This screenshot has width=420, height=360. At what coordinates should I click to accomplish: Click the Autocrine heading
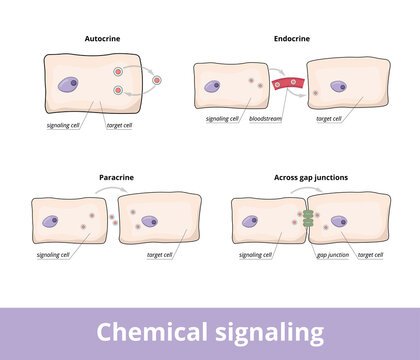point(98,38)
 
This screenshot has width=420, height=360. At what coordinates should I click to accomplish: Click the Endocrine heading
point(291,38)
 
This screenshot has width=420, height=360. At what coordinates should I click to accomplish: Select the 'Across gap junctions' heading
point(310,177)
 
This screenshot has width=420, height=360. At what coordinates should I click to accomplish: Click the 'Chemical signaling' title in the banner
point(210,331)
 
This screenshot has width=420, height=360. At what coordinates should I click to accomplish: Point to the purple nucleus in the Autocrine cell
point(68,88)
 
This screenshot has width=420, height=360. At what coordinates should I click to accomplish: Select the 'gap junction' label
point(333,255)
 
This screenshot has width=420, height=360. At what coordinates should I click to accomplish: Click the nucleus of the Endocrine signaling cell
point(213,87)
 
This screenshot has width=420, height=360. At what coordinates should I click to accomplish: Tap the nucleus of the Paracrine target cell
point(150,222)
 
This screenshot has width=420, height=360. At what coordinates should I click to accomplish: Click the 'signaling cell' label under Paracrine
point(52,255)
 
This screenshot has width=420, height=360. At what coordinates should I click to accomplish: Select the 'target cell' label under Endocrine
point(329,119)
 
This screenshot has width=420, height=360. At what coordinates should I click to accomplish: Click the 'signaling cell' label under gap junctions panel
point(256,255)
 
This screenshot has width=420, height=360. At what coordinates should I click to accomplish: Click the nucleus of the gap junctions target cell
point(339,222)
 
